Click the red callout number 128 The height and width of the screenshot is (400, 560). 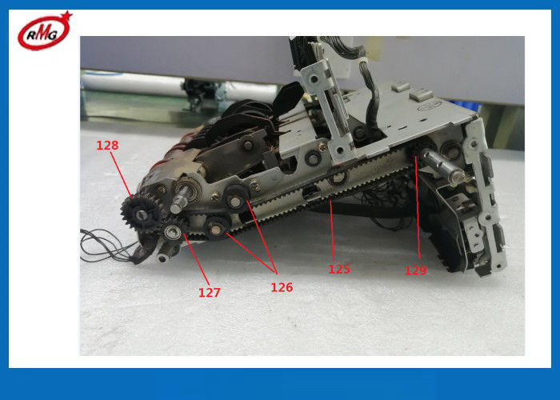(107, 146)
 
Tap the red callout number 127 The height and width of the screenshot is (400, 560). (210, 293)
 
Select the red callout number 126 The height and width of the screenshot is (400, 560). (282, 287)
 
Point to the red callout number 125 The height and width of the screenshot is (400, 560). (339, 269)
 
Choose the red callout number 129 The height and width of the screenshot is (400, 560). (416, 270)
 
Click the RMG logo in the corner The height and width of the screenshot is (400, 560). (44, 31)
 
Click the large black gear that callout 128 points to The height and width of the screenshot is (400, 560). (141, 214)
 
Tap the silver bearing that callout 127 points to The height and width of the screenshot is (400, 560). (171, 232)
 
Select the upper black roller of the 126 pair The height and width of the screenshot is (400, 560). (236, 199)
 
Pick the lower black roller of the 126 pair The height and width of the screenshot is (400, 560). (217, 228)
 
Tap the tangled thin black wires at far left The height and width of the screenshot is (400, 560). (107, 246)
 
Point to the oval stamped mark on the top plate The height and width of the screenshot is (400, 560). (430, 105)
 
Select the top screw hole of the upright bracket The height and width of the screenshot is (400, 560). (314, 78)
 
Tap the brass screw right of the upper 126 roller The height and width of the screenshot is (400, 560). (255, 185)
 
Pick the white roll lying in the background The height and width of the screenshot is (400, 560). (178, 85)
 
